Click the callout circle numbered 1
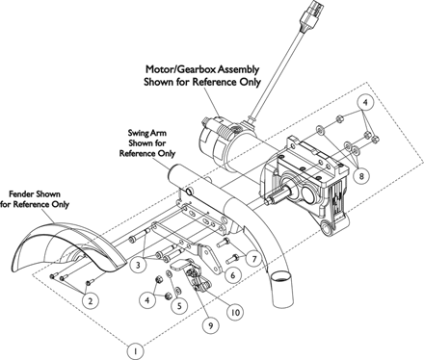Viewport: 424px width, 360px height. (x=136, y=351)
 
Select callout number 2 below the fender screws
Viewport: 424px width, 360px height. (x=91, y=301)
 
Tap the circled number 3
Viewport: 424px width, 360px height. (x=138, y=265)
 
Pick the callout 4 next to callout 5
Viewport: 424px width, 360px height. (x=147, y=300)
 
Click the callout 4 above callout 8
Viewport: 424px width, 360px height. (x=365, y=103)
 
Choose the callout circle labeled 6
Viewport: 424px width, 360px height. (x=233, y=274)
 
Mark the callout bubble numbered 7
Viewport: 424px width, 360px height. (x=254, y=259)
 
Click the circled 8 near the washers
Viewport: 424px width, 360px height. (x=361, y=176)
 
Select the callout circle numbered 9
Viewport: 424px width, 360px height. (x=211, y=325)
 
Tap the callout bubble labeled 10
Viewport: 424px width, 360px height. (x=235, y=312)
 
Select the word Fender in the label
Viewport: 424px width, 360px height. (x=21, y=193)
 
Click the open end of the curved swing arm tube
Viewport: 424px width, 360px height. (x=282, y=276)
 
